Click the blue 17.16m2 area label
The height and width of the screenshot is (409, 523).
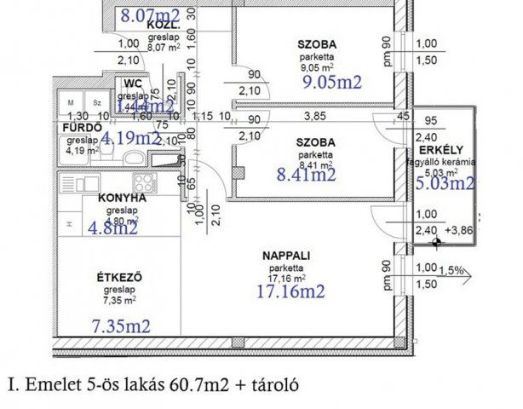coord(290,291)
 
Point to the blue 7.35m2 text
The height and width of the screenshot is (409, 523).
coord(121,326)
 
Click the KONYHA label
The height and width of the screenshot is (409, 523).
coord(122,197)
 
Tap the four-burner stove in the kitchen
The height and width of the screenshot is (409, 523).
coord(144,181)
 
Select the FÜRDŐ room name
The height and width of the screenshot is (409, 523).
coord(74,127)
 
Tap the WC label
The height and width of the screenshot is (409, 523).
coord(132,84)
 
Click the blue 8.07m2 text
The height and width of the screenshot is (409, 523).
coord(150,14)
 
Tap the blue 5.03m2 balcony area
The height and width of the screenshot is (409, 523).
coord(445,181)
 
